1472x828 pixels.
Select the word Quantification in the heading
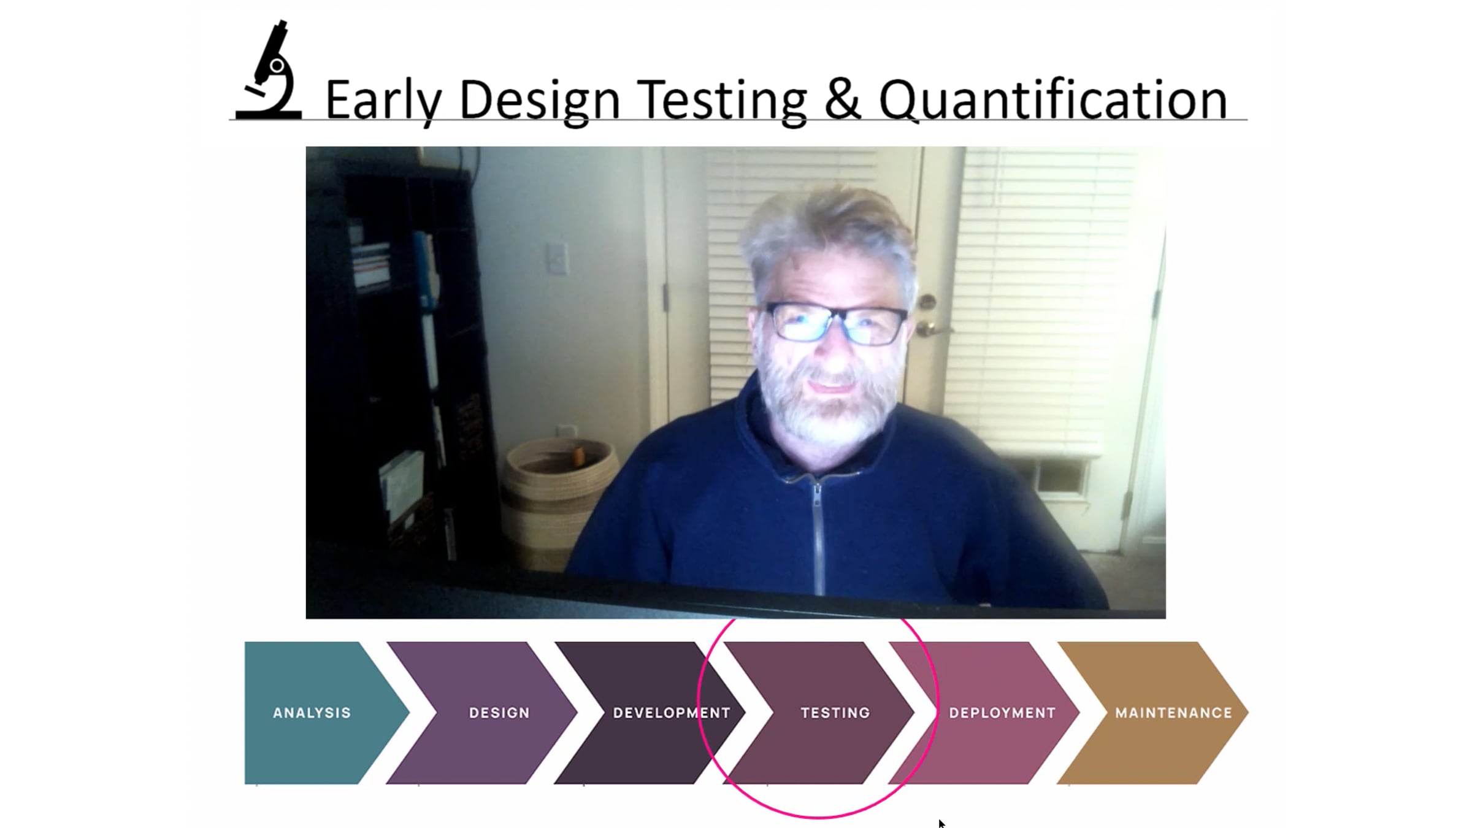[1053, 101]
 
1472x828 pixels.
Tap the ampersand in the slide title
[842, 99]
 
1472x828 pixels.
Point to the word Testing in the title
[721, 101]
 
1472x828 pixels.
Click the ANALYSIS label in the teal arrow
[312, 713]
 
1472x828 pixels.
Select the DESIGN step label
[499, 713]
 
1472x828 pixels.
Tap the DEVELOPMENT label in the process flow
[672, 713]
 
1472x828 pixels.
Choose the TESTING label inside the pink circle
[835, 713]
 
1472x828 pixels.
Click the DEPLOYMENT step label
[1002, 713]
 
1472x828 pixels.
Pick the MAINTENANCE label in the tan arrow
[1173, 713]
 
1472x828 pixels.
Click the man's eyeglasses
[836, 323]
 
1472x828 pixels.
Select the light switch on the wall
[558, 258]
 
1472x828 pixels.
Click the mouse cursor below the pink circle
[941, 823]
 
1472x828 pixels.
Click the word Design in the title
[540, 101]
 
